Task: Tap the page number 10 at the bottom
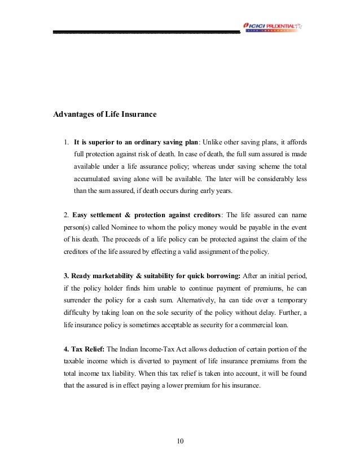click(180, 440)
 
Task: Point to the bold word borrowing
click(221, 276)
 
